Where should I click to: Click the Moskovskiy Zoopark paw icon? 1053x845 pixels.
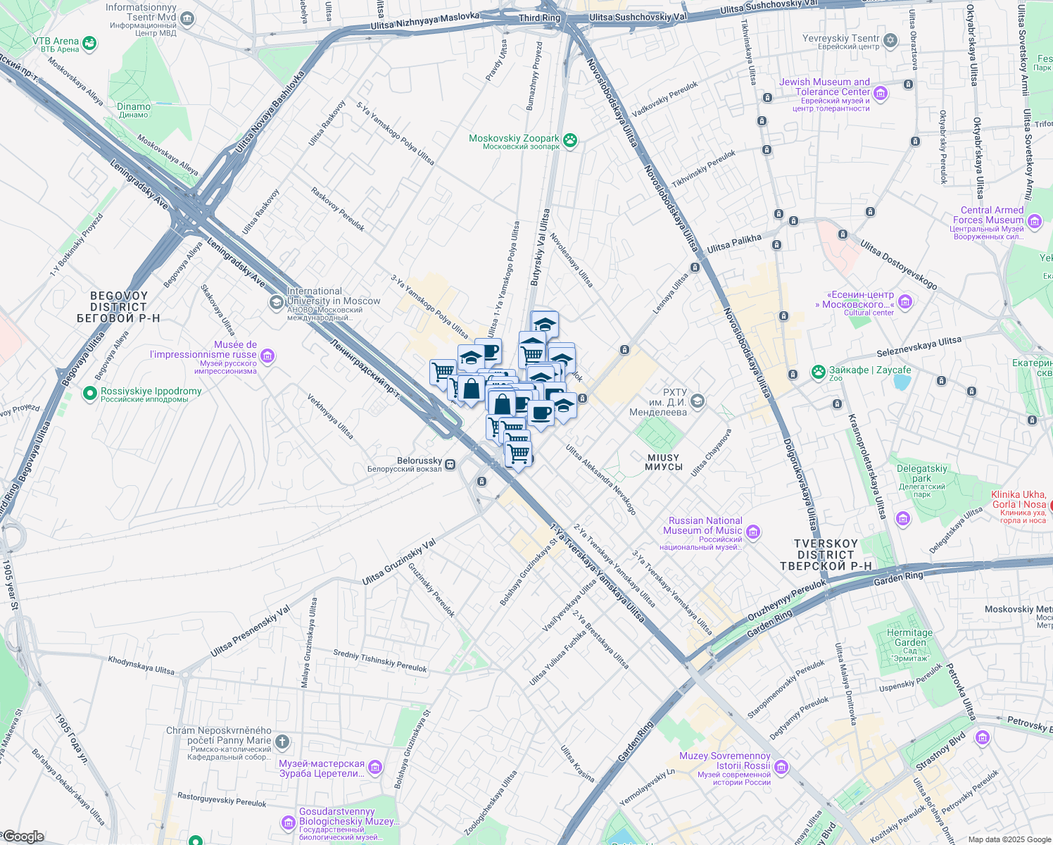pyautogui.click(x=570, y=141)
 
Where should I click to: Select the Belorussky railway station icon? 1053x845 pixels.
pyautogui.click(x=450, y=464)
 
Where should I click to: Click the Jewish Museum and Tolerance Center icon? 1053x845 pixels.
pyautogui.click(x=880, y=93)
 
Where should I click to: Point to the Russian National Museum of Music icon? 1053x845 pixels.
pyautogui.click(x=753, y=531)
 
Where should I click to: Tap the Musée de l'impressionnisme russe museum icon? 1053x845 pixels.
pyautogui.click(x=267, y=356)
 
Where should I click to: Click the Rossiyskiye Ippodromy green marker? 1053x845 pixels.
pyautogui.click(x=89, y=394)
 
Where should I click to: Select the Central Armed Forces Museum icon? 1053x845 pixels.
pyautogui.click(x=1034, y=222)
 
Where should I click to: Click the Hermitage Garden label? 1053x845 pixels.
pyautogui.click(x=909, y=637)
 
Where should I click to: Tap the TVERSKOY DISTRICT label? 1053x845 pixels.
pyautogui.click(x=826, y=554)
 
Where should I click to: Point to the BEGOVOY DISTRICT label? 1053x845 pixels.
pyautogui.click(x=118, y=307)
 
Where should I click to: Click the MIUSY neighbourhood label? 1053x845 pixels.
pyautogui.click(x=663, y=462)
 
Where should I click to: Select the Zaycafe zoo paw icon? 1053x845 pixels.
pyautogui.click(x=818, y=372)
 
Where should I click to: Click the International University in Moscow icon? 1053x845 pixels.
pyautogui.click(x=277, y=302)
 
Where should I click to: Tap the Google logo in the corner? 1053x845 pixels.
pyautogui.click(x=23, y=837)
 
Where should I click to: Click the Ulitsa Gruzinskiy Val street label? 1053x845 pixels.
pyautogui.click(x=399, y=561)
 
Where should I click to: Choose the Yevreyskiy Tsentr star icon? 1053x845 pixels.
pyautogui.click(x=890, y=40)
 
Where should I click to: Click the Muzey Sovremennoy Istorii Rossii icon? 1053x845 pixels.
pyautogui.click(x=781, y=766)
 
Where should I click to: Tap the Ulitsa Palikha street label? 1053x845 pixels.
pyautogui.click(x=734, y=243)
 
